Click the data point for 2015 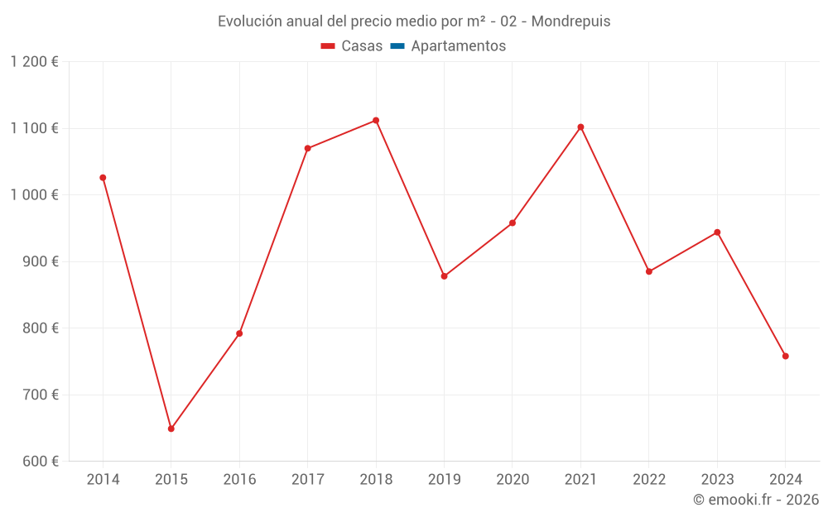coord(171,428)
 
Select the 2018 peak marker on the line coord(376,121)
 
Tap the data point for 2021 coord(580,127)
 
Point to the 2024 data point coord(785,356)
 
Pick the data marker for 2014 coord(103,178)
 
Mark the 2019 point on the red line coord(444,276)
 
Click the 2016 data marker coord(239,333)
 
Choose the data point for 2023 coord(717,232)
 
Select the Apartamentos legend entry coord(458,46)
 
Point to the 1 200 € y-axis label coord(35,62)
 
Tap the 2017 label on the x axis coord(307,480)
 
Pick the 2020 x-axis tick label coord(513,480)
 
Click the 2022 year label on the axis coord(648,480)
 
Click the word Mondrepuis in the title coord(570,22)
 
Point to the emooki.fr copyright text coord(756,500)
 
